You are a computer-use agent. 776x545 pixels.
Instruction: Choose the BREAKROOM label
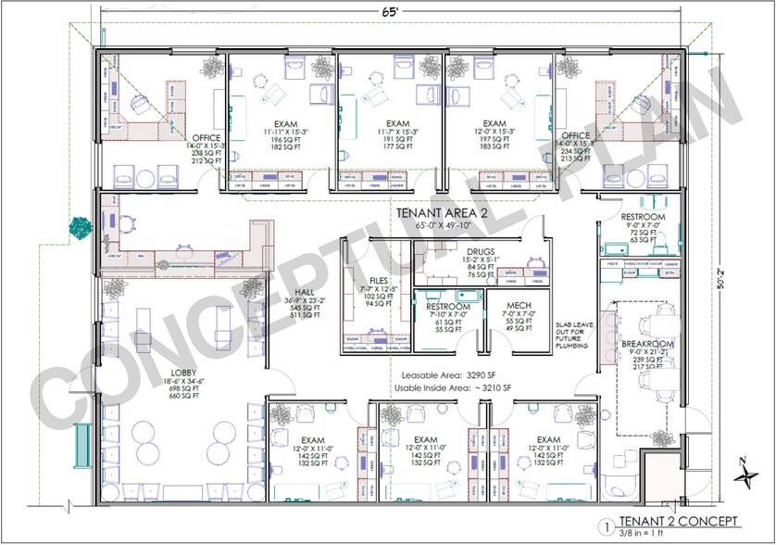pyautogui.click(x=646, y=344)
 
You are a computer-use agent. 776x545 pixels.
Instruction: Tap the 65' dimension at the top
pyautogui.click(x=390, y=12)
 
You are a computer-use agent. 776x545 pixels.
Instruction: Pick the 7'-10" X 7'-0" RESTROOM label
pyautogui.click(x=447, y=307)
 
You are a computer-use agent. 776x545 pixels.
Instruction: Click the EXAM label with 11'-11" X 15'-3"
pyautogui.click(x=288, y=123)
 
